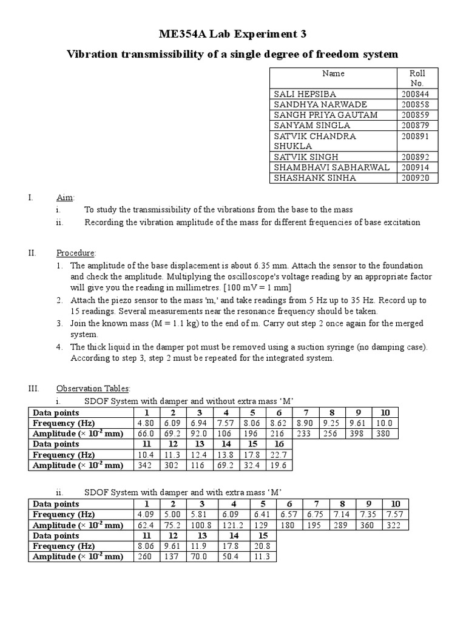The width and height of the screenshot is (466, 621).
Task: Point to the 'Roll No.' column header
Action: tap(417, 78)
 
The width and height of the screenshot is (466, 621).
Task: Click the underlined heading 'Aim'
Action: tap(64, 198)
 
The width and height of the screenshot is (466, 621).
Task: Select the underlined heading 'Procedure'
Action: tap(76, 253)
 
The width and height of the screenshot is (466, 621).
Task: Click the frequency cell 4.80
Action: tap(147, 423)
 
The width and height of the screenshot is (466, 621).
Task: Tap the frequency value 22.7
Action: tap(279, 455)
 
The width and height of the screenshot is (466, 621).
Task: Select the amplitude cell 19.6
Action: tap(279, 465)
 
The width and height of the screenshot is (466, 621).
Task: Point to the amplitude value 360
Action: tap(369, 525)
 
